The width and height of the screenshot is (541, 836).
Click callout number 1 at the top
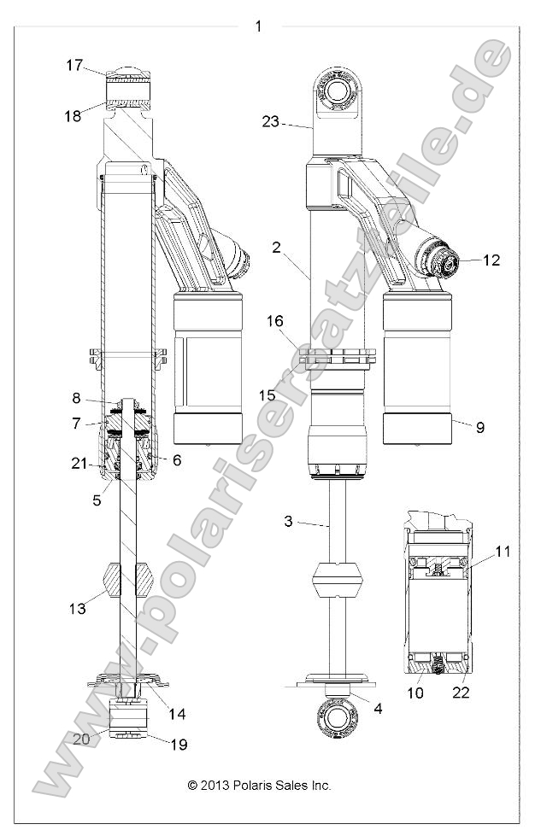[258, 26]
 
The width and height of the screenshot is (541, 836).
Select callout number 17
[75, 64]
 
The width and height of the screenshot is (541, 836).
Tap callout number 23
[271, 122]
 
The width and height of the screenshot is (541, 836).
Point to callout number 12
[491, 260]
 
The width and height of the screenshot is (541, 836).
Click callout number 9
[479, 427]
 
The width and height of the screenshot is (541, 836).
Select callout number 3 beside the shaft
[289, 521]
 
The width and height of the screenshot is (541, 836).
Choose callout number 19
[178, 745]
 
